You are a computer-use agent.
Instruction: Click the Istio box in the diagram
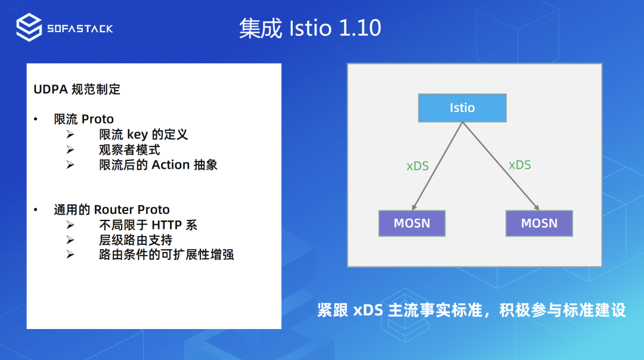[462, 108]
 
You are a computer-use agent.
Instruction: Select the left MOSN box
[412, 224]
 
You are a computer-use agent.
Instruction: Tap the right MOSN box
[539, 224]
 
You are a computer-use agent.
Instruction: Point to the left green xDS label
[417, 166]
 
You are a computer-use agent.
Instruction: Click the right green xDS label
[519, 165]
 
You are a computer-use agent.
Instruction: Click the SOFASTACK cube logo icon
[29, 27]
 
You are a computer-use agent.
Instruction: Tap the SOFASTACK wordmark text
[80, 29]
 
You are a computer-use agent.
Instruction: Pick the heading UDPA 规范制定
[77, 89]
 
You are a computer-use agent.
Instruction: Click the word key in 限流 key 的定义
[137, 135]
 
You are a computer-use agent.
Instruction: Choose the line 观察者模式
[129, 150]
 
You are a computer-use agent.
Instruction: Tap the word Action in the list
[171, 165]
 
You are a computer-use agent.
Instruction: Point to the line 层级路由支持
[135, 240]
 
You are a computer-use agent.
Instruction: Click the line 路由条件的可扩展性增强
[166, 255]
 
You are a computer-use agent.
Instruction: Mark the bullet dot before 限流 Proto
[36, 119]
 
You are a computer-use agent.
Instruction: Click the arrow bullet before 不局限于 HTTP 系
[70, 225]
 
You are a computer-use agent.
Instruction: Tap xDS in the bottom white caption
[368, 310]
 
